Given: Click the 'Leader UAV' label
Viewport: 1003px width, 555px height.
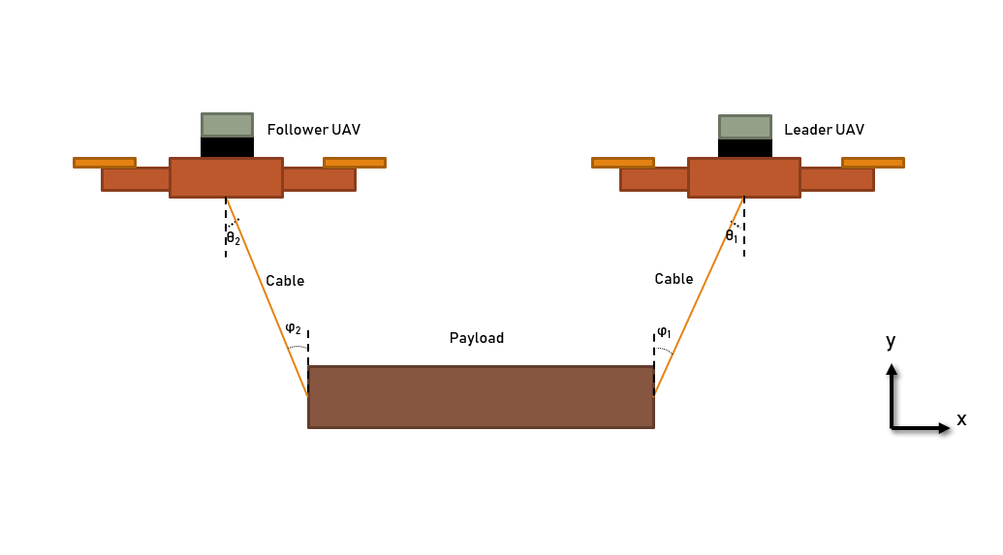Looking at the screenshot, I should pos(824,130).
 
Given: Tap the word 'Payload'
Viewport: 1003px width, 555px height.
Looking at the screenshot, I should pos(477,338).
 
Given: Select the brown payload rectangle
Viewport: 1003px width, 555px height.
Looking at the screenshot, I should pos(481,397).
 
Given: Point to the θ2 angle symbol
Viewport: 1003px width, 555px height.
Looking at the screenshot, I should pos(233,238).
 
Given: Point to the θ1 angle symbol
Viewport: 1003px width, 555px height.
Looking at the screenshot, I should pos(732,235).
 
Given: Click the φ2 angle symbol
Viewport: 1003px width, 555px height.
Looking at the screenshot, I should pos(293,327).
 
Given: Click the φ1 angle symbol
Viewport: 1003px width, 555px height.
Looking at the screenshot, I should pos(664,332).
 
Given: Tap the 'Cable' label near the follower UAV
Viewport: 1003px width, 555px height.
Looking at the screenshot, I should pos(285,281).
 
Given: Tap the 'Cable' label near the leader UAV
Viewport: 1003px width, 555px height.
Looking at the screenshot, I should pos(674,279).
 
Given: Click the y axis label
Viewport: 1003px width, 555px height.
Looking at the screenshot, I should pos(891,341).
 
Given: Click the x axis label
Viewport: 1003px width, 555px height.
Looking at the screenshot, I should pos(961,419).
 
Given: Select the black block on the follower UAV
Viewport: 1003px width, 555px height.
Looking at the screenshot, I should pos(227,147).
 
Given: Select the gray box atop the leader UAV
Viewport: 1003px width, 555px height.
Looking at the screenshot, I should pos(744,127).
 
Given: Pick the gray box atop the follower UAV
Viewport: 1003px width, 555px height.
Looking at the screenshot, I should pos(227,125).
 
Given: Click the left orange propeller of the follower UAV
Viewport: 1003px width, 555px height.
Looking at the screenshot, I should pos(105,163).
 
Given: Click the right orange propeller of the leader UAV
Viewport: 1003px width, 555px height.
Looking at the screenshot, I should pos(872,163).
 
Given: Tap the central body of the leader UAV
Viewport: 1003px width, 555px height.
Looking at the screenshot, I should pos(743,178).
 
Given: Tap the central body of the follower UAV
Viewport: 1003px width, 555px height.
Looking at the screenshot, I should pos(226,178).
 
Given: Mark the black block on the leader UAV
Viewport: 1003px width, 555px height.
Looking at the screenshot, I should pos(744,148).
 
